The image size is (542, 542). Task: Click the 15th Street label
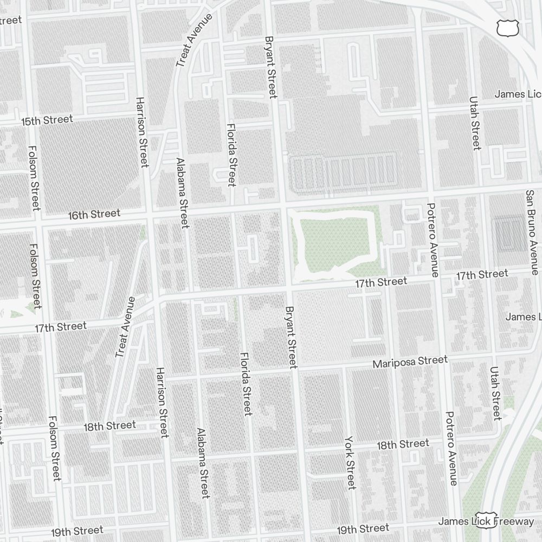click(x=47, y=120)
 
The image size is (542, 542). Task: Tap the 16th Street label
click(x=94, y=215)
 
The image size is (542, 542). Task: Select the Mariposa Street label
click(x=410, y=362)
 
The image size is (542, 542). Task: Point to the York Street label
click(x=350, y=462)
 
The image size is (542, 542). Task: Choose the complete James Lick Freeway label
click(x=486, y=521)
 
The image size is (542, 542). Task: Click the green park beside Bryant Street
click(x=333, y=241)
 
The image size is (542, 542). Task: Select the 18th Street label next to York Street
click(x=402, y=445)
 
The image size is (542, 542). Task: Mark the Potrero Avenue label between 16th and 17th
click(x=432, y=240)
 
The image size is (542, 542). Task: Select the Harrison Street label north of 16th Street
click(x=142, y=132)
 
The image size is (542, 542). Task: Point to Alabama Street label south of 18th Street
click(x=203, y=463)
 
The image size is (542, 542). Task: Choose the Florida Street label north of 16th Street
click(x=231, y=154)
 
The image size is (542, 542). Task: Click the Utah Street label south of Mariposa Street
click(x=495, y=393)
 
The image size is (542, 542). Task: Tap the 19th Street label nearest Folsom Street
click(x=77, y=531)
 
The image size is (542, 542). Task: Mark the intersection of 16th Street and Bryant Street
click(x=282, y=205)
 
